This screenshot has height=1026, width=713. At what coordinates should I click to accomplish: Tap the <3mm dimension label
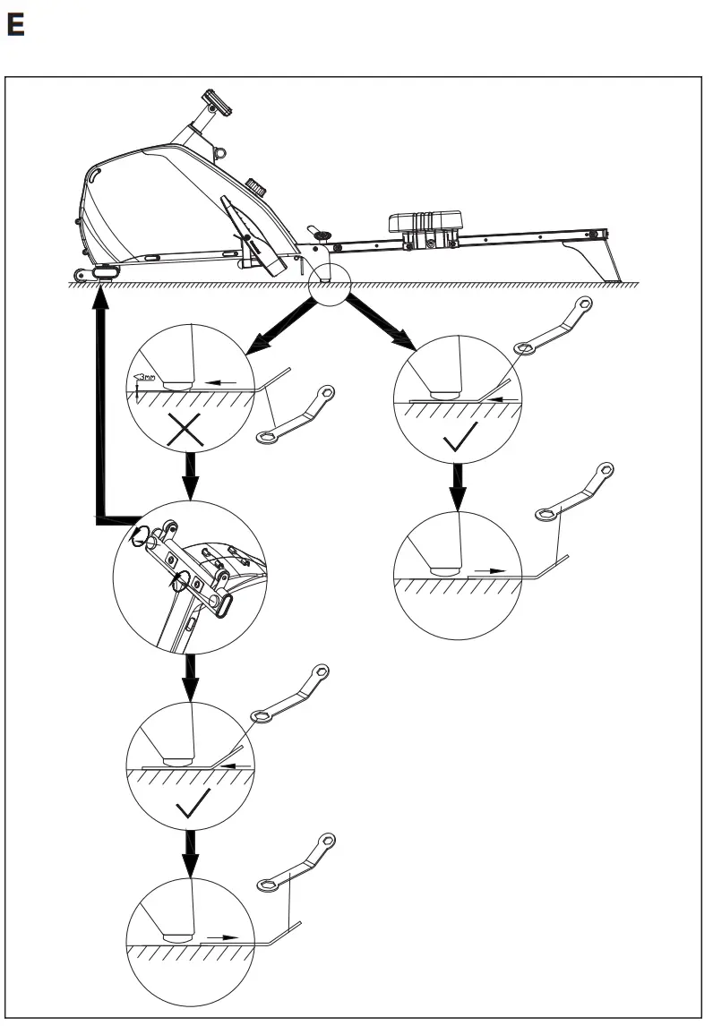[142, 378]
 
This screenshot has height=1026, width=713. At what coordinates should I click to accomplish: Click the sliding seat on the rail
[425, 221]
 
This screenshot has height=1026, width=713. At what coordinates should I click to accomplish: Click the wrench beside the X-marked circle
[296, 415]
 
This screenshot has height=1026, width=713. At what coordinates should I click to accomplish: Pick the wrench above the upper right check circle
[554, 324]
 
